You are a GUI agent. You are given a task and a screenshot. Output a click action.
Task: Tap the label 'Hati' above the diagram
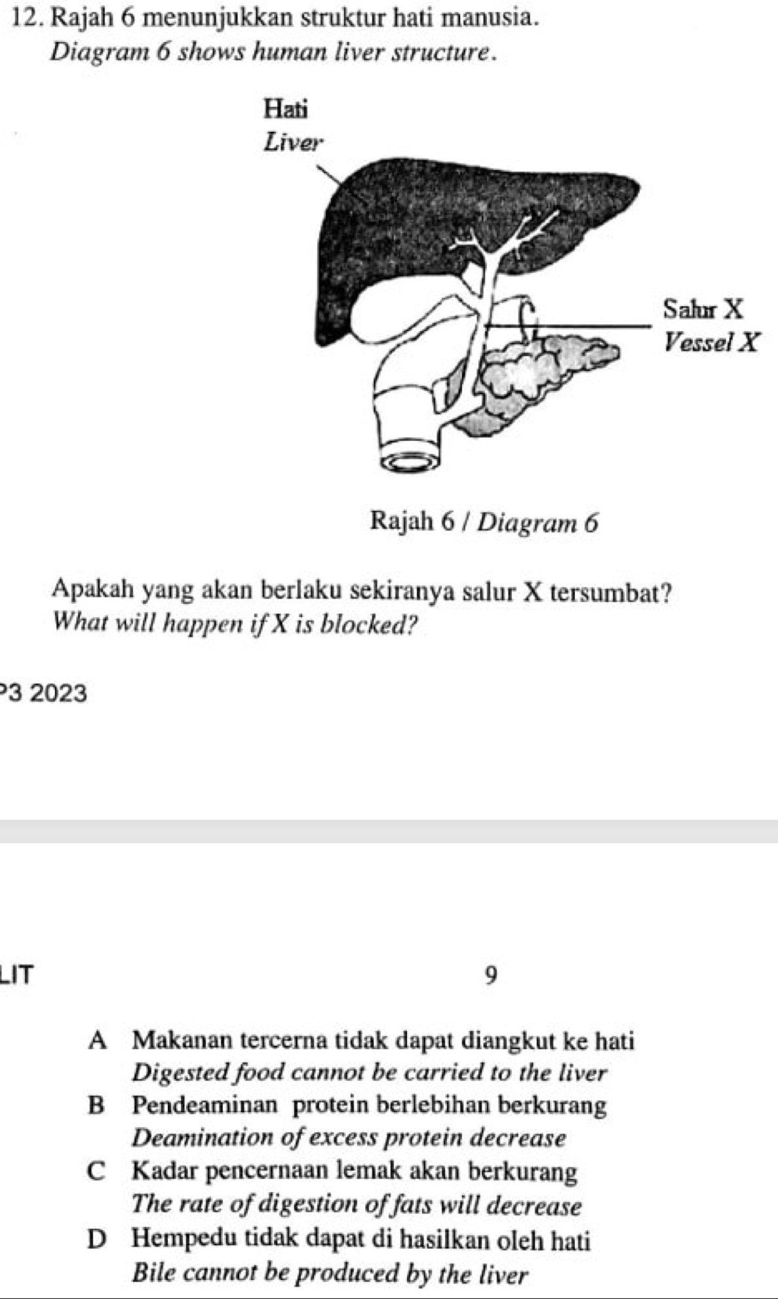tap(284, 108)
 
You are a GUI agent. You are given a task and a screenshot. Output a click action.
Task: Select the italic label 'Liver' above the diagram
tap(292, 141)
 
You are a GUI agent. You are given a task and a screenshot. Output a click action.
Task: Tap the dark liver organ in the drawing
tap(406, 216)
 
